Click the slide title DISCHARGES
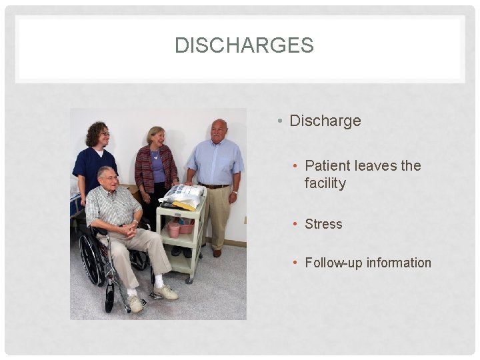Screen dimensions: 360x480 243,45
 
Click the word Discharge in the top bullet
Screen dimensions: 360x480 325,121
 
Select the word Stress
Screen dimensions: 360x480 323,224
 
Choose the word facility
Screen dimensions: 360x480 325,183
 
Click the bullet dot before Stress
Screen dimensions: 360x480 295,225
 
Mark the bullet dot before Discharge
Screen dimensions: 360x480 280,121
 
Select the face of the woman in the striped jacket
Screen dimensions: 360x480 157,139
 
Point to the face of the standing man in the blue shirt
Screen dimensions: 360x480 219,131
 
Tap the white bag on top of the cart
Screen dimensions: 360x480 183,195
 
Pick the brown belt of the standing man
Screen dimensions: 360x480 213,186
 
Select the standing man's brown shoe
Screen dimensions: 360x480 217,253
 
